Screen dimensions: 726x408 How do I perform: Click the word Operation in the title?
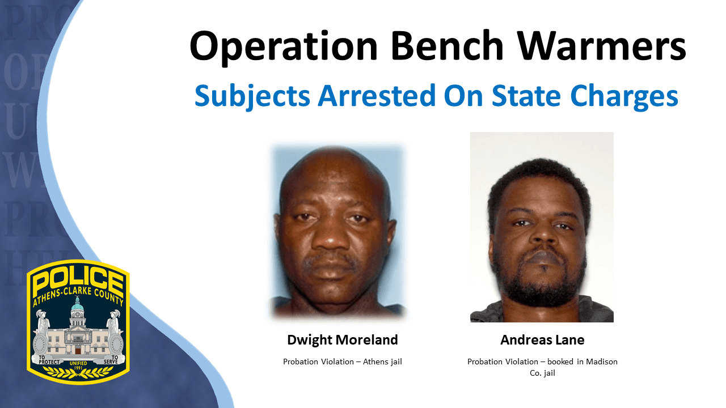284,47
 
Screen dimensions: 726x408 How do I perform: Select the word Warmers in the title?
602,45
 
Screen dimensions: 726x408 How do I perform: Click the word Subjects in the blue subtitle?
252,96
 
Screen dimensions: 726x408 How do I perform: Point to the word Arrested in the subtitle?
377,95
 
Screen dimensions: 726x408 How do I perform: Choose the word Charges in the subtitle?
624,96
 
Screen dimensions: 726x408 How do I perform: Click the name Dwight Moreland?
342,340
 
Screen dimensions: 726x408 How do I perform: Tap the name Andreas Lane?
542,340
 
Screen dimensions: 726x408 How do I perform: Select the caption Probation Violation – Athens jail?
342,362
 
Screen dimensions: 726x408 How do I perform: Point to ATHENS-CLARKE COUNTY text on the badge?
78,296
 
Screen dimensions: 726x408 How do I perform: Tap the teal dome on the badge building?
77,305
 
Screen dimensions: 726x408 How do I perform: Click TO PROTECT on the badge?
49,360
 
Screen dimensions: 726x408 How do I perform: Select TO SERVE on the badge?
111,359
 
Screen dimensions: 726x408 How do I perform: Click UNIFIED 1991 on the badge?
78,365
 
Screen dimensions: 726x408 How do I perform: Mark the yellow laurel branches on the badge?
78,373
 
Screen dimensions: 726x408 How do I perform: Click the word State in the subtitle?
526,95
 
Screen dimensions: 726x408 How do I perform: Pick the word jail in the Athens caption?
396,362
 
